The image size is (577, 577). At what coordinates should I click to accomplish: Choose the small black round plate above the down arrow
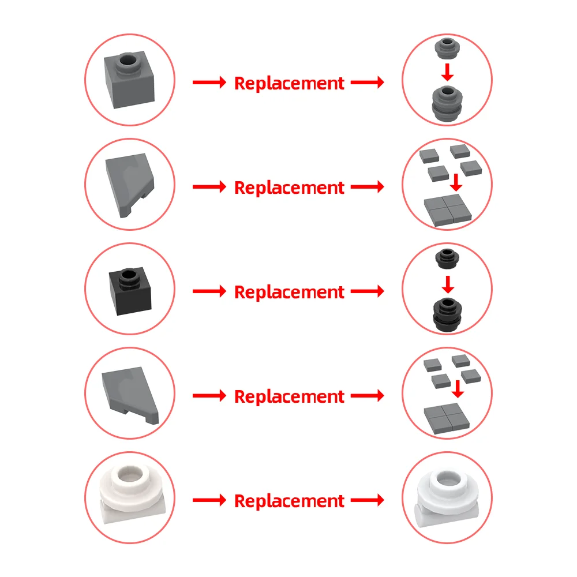click(446, 257)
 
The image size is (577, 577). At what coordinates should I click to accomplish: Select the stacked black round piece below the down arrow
click(447, 313)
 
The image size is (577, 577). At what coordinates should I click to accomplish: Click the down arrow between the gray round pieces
click(447, 72)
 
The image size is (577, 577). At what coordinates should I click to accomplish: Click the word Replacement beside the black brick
click(289, 292)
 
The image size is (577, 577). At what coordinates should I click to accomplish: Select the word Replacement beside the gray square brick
click(289, 83)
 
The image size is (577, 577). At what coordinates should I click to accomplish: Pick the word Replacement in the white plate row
click(289, 501)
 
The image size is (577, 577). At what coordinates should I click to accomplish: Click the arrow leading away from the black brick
click(209, 291)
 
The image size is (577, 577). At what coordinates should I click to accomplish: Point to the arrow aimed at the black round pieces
click(367, 291)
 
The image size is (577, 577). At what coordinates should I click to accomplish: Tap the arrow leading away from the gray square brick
click(209, 83)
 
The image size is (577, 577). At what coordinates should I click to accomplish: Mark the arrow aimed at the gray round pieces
click(367, 83)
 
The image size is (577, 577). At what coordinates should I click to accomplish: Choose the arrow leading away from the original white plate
click(209, 500)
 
